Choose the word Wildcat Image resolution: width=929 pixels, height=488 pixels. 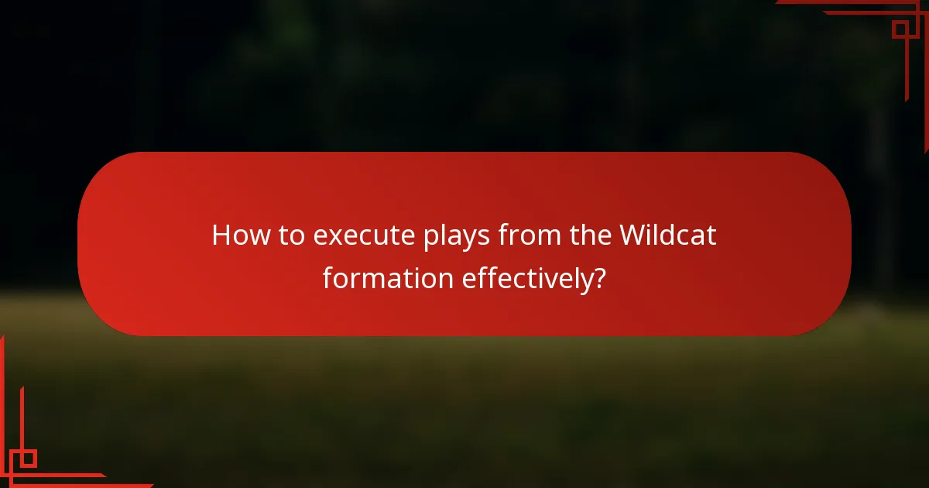click(667, 235)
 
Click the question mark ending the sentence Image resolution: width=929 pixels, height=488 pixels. click(598, 278)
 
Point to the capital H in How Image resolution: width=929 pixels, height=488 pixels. click(221, 235)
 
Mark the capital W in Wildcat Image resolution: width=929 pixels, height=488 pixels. click(631, 235)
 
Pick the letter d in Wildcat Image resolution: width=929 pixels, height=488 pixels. click(675, 235)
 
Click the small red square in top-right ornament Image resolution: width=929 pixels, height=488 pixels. click(900, 29)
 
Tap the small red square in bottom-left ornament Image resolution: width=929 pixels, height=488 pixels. click(28, 459)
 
